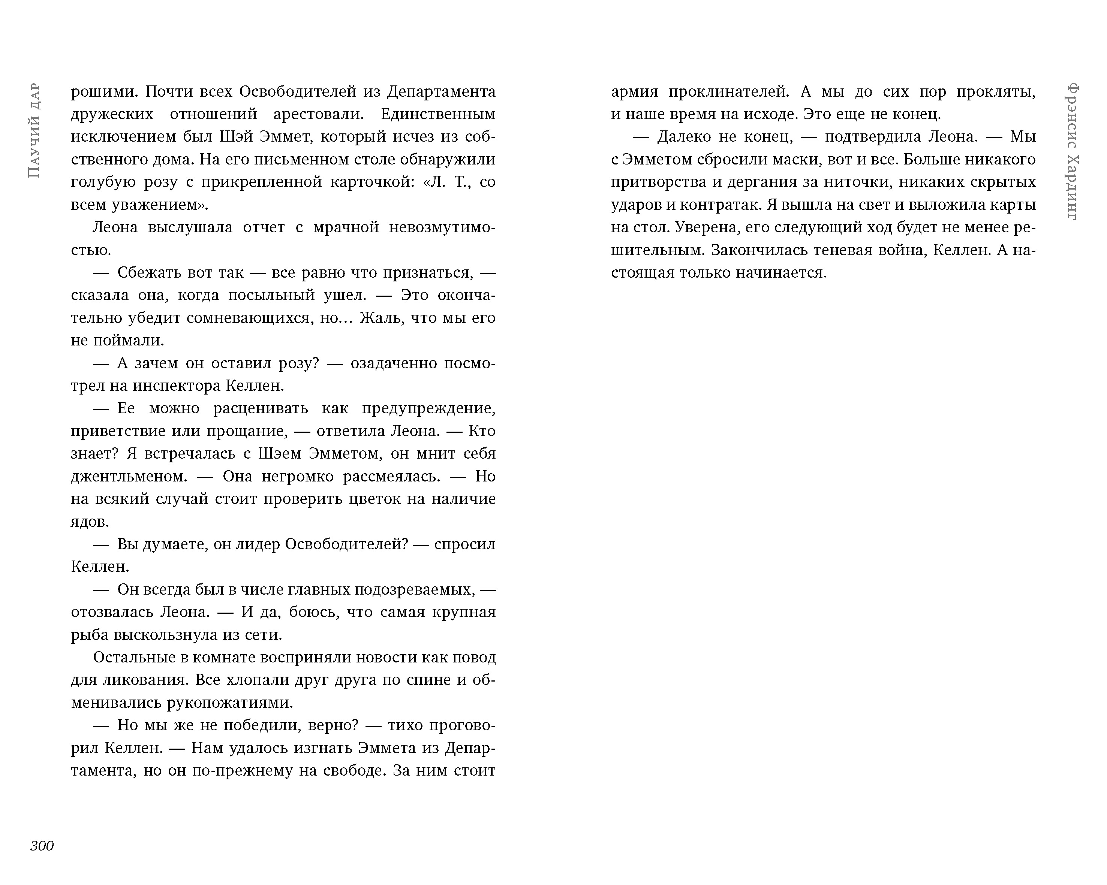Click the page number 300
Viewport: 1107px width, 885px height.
pos(42,846)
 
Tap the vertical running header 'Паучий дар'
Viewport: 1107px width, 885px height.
pos(34,130)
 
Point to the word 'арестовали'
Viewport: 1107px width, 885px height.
pos(318,114)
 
